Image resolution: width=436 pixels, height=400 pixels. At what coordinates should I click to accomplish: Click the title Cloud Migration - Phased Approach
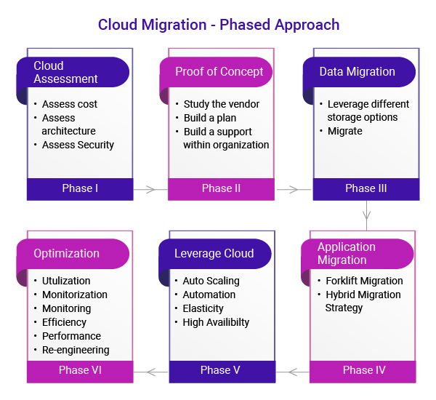pos(219,25)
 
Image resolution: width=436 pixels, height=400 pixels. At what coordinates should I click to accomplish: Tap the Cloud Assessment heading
pos(65,72)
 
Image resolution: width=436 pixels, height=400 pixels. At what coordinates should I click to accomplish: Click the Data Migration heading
pos(357,72)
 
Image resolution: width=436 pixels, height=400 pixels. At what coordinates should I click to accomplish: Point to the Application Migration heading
pos(347,253)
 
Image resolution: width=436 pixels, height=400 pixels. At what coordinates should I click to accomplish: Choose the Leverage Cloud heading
pos(214,253)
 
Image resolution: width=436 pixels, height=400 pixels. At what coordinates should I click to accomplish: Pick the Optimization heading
pos(66,253)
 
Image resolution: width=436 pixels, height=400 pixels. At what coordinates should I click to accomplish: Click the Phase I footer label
pos(80,188)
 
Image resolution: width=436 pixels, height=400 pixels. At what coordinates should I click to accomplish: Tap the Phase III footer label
pos(366,188)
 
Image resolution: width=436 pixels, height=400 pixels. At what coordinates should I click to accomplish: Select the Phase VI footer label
pos(80,370)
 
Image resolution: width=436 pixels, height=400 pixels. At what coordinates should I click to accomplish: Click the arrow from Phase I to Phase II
pos(150,190)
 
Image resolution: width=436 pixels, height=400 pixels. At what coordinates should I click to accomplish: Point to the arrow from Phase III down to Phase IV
pos(366,215)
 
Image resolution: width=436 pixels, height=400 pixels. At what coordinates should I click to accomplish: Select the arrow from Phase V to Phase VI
pos(151,372)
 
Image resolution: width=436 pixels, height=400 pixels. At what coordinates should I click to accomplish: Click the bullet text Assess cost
pos(70,104)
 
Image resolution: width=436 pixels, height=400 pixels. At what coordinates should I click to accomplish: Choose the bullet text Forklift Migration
pos(363,281)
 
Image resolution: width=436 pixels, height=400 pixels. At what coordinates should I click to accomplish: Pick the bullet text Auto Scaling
pos(211,281)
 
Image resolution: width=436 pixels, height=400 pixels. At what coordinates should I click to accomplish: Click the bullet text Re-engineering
pos(76,350)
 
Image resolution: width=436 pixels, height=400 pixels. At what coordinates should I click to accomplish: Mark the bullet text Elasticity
pos(203,308)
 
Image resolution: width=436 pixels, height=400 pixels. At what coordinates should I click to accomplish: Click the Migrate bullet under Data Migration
pos(344,131)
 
